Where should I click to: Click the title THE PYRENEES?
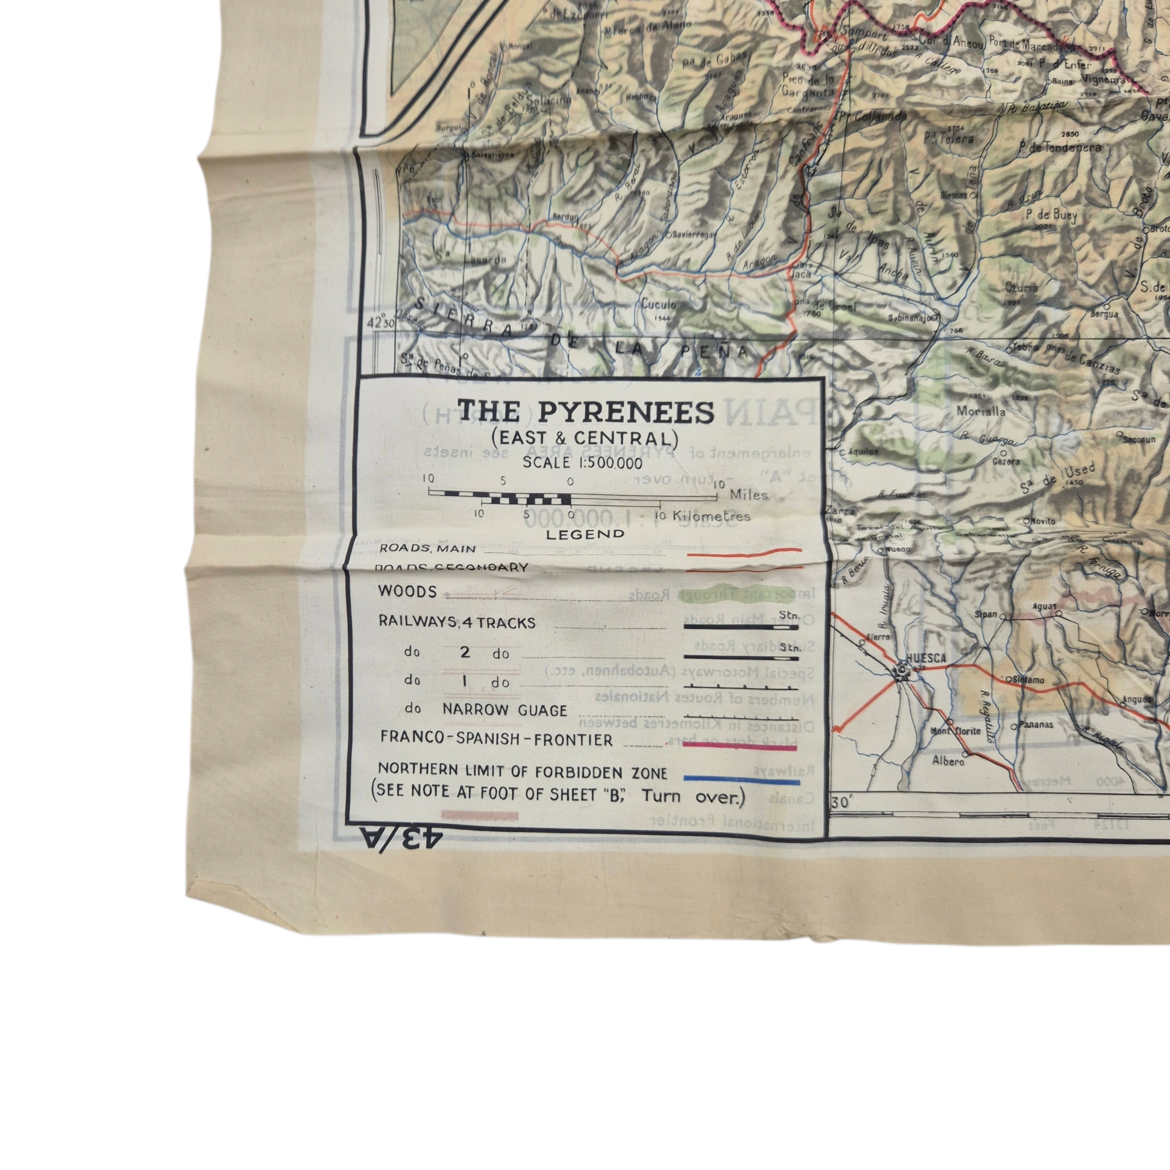[x=585, y=412]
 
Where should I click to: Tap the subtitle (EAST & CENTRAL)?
[x=584, y=437]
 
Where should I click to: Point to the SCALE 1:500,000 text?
[x=582, y=463]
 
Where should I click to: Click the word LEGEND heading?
[x=585, y=534]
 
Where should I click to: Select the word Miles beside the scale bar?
[x=748, y=495]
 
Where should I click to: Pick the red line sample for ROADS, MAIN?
[x=744, y=551]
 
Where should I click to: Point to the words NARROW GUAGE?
[x=504, y=710]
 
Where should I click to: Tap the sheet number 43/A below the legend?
[x=402, y=840]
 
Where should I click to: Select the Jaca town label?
[x=800, y=273]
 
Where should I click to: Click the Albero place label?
[x=948, y=761]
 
